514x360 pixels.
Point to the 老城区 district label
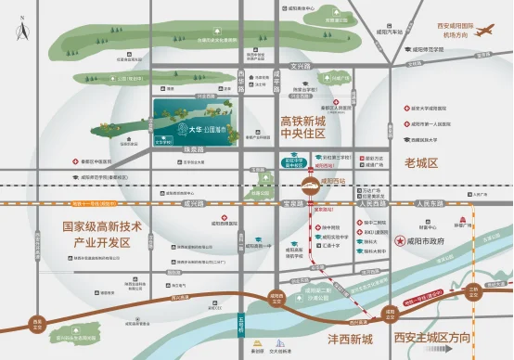[x=419, y=162]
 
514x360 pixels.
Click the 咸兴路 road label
[x=193, y=200]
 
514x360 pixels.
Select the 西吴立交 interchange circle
[x=37, y=323]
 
